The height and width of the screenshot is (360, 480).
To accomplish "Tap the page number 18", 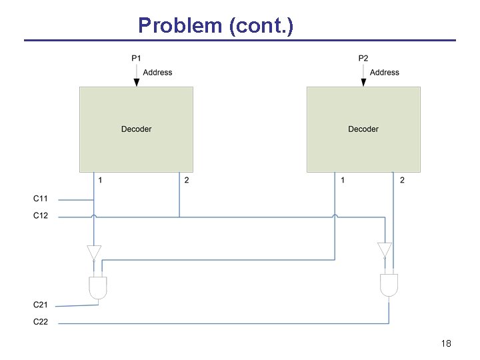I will click(446, 343).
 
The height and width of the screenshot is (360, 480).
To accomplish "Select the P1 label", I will click(136, 59).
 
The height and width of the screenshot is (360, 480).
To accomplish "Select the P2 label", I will click(363, 59).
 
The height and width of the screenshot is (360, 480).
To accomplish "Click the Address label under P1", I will click(157, 72).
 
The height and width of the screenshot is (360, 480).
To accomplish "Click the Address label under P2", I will click(385, 72).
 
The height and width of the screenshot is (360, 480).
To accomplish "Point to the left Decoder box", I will click(136, 129).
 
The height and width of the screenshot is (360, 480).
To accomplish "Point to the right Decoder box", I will click(363, 129).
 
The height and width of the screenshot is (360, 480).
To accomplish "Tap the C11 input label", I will click(41, 199).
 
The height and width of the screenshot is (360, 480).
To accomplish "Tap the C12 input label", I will click(41, 215).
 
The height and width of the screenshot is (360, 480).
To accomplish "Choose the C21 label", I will click(41, 305).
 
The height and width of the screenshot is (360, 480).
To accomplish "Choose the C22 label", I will click(41, 322).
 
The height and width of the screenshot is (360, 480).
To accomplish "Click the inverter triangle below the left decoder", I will click(94, 252).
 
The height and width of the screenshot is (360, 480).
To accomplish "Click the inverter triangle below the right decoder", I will click(383, 249).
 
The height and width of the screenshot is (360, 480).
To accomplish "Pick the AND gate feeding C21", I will click(98, 287).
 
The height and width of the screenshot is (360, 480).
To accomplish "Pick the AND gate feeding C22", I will click(389, 285).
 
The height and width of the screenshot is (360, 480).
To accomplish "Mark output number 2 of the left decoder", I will click(186, 181).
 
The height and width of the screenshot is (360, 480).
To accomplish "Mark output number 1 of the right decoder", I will click(343, 181).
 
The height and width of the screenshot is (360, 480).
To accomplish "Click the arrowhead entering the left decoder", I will click(136, 82).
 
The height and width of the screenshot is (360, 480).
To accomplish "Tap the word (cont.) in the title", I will click(260, 25).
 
